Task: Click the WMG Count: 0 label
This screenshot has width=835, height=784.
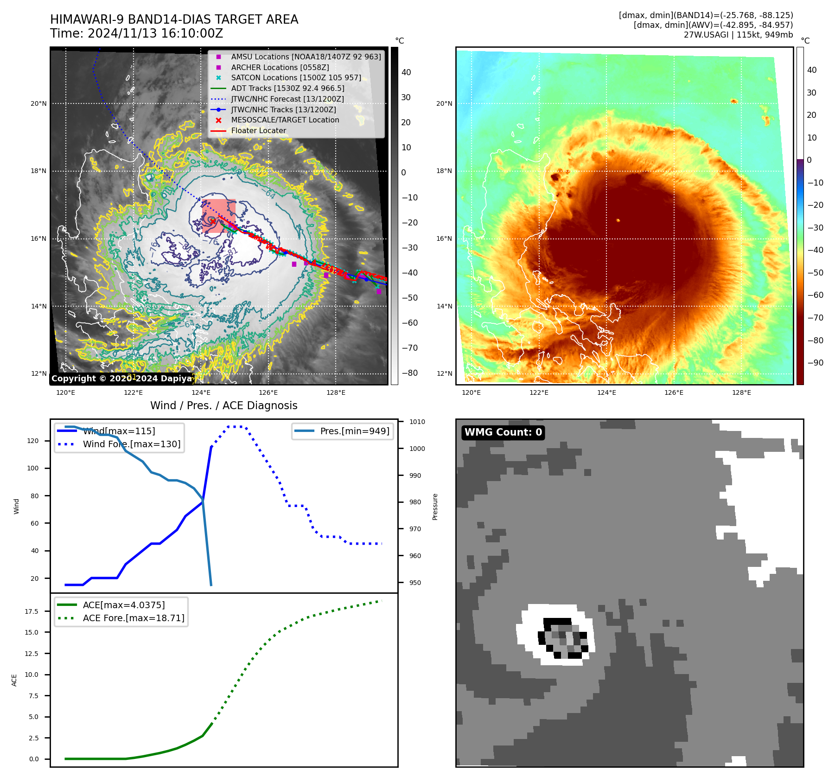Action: coord(503,432)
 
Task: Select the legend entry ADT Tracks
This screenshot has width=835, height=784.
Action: coord(287,88)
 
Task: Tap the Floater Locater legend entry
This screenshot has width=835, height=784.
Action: coord(258,130)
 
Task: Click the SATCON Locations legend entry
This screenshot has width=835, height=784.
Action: coord(296,77)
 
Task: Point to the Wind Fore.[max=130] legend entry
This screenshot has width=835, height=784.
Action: coord(132,444)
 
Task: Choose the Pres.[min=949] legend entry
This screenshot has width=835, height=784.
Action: coord(355,431)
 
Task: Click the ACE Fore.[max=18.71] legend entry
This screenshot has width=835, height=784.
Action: coord(134,618)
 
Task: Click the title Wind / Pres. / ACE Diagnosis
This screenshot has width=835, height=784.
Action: coord(223,405)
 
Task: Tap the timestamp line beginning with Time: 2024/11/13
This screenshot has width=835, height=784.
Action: coord(136,33)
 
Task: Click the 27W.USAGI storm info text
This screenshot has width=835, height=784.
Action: coord(738,34)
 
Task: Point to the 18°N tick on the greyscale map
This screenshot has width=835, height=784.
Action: coord(38,171)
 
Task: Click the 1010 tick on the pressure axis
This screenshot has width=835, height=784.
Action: coord(417,422)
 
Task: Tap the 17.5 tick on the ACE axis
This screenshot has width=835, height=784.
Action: coord(32,611)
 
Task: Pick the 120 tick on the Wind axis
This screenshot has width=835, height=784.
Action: coord(33,441)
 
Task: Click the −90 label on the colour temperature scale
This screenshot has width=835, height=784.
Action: coord(815,363)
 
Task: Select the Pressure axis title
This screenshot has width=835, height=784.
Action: coord(435,507)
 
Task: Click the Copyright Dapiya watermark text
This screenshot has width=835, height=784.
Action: coord(121,379)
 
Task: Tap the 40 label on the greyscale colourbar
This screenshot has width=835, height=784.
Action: coord(406,72)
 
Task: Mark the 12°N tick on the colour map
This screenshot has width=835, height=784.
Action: coord(444,373)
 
